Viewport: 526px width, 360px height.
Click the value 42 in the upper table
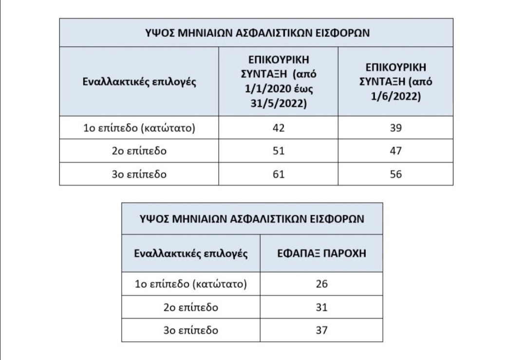[x=279, y=128]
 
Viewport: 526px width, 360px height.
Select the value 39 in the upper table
[x=396, y=128]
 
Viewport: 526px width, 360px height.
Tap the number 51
[x=279, y=151]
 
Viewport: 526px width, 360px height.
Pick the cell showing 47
[x=396, y=151]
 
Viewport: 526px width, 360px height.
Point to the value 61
[x=279, y=174]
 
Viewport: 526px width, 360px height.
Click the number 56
[x=396, y=174]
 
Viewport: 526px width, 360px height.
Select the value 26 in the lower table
[x=321, y=284]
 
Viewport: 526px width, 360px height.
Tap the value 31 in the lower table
[x=321, y=307]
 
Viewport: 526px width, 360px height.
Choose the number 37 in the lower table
[x=321, y=330]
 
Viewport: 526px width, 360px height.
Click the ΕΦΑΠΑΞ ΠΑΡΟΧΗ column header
[x=321, y=253]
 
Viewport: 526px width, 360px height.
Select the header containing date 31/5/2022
[x=279, y=81]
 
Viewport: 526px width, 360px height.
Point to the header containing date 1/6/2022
[x=396, y=81]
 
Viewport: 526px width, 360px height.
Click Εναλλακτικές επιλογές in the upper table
[x=140, y=81]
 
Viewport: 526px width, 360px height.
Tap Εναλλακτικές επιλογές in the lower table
[x=191, y=253]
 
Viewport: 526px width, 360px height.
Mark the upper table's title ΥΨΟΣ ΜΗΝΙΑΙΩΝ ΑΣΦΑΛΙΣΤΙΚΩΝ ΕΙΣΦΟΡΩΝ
[x=257, y=33]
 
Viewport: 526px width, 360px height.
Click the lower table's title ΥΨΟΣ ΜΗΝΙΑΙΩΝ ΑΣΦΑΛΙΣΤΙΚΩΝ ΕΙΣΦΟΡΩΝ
[x=252, y=219]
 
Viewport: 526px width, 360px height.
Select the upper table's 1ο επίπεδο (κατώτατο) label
[x=140, y=128]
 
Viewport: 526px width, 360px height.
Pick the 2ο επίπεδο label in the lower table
[x=191, y=307]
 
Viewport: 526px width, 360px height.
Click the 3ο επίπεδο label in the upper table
[x=140, y=174]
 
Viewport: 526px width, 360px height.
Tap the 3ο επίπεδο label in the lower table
[x=191, y=330]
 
